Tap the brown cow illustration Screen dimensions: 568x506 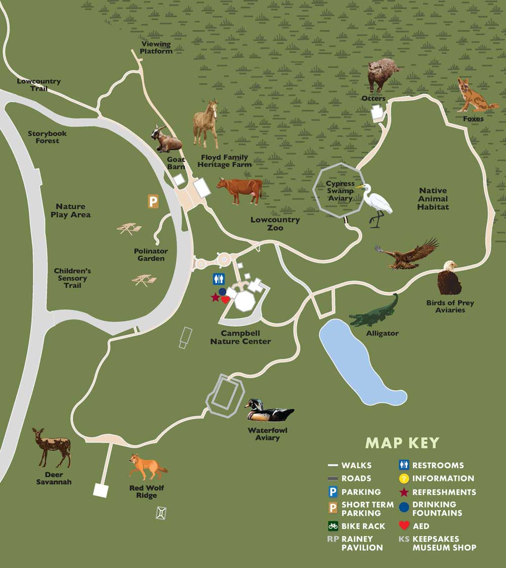click(x=240, y=190)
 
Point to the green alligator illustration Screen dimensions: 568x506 click(x=374, y=313)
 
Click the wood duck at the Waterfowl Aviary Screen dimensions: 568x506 click(x=267, y=411)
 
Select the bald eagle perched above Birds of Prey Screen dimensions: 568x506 click(x=449, y=278)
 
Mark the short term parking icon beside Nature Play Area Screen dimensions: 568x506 click(x=153, y=202)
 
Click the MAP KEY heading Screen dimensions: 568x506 click(x=402, y=443)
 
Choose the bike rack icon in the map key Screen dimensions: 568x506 click(x=333, y=526)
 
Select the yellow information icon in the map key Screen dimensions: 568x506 click(x=404, y=478)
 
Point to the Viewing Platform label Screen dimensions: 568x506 click(x=156, y=48)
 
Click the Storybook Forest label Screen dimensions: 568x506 click(x=47, y=137)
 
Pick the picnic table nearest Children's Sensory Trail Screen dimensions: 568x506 click(x=144, y=279)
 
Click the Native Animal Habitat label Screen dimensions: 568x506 click(x=433, y=198)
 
